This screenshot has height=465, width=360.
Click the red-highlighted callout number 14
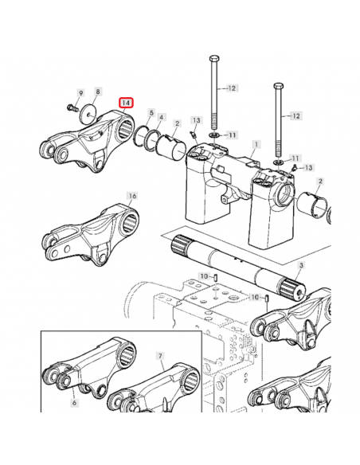coord(126,103)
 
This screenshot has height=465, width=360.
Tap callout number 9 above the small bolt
coord(80,93)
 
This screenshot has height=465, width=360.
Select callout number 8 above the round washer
coord(98,92)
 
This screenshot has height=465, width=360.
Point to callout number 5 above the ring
coord(151,113)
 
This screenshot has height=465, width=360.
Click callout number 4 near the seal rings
coord(162,117)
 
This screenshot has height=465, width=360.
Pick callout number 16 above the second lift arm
coord(132,196)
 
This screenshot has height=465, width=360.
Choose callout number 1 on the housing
coord(256,145)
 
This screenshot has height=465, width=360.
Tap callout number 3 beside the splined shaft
coord(301,265)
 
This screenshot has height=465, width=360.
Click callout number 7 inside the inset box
coord(160,356)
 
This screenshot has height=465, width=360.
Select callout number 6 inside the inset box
coord(74,403)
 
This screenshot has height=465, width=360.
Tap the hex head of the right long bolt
coord(279,86)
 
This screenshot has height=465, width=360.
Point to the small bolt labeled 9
coord(72,107)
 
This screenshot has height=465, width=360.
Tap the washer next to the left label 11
coord(214,135)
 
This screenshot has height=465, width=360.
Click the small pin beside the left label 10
coord(216,278)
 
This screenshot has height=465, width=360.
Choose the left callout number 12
coord(232,88)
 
